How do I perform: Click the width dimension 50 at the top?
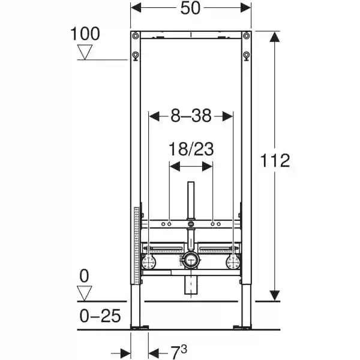coord(191,8)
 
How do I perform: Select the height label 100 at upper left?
coord(85,34)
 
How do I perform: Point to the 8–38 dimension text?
coord(190,116)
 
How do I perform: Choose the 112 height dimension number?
coord(275,160)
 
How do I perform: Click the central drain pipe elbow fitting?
coord(191,260)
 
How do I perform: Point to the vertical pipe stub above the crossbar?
coord(191,201)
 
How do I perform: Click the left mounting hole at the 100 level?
coord(135,57)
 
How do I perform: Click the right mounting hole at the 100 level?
coord(246,57)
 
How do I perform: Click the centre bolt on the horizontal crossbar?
coord(191,225)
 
